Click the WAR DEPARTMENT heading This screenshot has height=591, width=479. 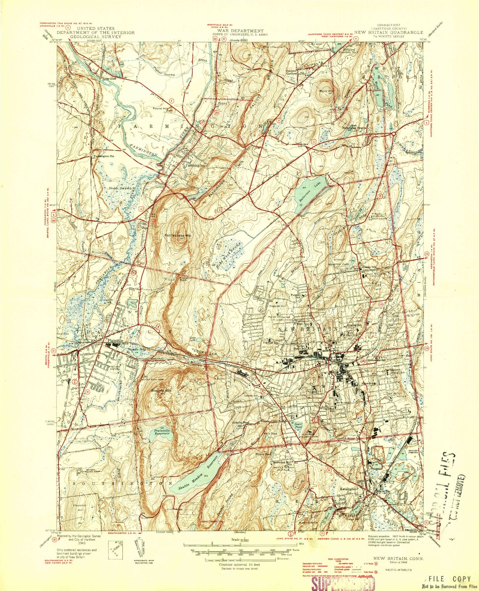click(240, 31)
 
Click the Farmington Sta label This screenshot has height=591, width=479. click(102, 155)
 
